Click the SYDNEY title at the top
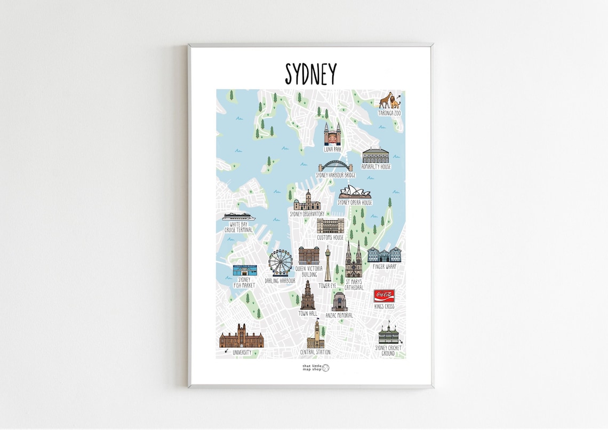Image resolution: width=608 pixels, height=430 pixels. (311, 74)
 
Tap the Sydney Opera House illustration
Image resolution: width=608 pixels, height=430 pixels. (354, 193)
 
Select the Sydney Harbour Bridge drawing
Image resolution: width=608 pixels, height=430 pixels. (336, 166)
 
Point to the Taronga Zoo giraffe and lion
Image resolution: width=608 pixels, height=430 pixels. (389, 100)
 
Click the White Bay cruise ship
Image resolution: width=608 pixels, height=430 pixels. (239, 217)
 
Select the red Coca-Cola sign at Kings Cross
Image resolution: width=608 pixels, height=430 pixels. (384, 296)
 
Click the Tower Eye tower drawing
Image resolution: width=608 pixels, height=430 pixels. (328, 264)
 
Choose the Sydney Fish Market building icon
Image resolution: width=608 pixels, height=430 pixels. (245, 270)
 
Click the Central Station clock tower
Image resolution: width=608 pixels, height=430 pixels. (316, 335)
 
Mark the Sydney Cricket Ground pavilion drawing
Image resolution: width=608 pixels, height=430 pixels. (388, 335)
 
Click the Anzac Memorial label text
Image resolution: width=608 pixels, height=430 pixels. (339, 315)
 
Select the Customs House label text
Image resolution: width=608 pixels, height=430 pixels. (330, 237)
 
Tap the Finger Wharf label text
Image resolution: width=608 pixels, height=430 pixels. (384, 266)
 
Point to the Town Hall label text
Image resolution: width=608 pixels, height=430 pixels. (308, 314)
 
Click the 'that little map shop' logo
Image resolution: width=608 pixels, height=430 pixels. (316, 368)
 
